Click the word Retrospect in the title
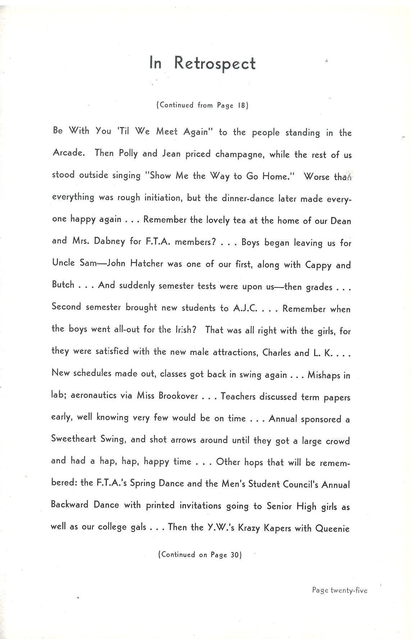pyautogui.click(x=215, y=64)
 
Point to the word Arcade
pyautogui.click(x=69, y=153)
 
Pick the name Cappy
pyautogui.click(x=318, y=265)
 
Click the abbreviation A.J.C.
pyautogui.click(x=245, y=308)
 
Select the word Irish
pyautogui.click(x=185, y=330)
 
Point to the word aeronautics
pyautogui.click(x=94, y=395)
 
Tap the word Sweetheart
pyautogui.click(x=73, y=439)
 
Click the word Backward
pyautogui.click(x=69, y=504)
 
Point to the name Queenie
pyautogui.click(x=332, y=529)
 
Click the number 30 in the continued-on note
pyautogui.click(x=235, y=555)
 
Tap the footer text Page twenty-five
pyautogui.click(x=339, y=590)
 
